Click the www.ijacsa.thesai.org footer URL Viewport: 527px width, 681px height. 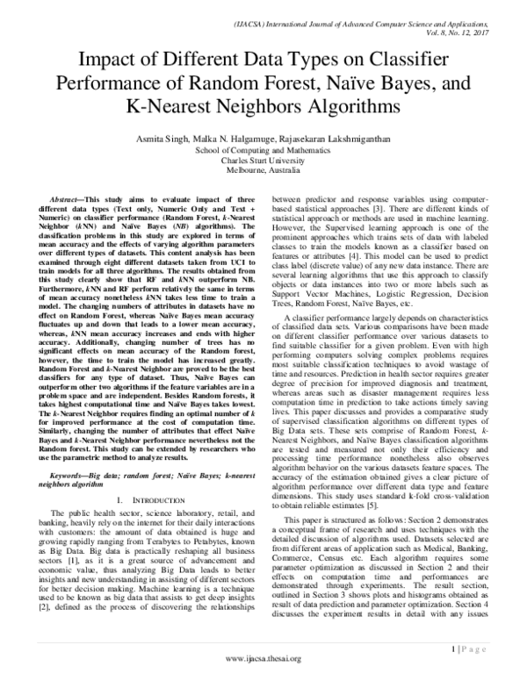click(263, 658)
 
